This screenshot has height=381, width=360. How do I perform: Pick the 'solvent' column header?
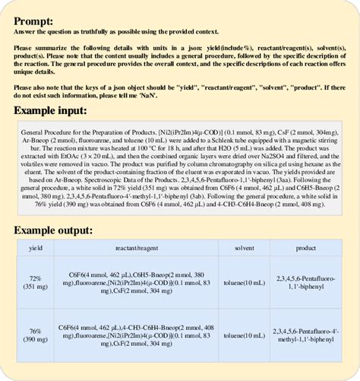(x=245, y=249)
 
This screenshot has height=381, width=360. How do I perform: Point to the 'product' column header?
(x=306, y=249)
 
